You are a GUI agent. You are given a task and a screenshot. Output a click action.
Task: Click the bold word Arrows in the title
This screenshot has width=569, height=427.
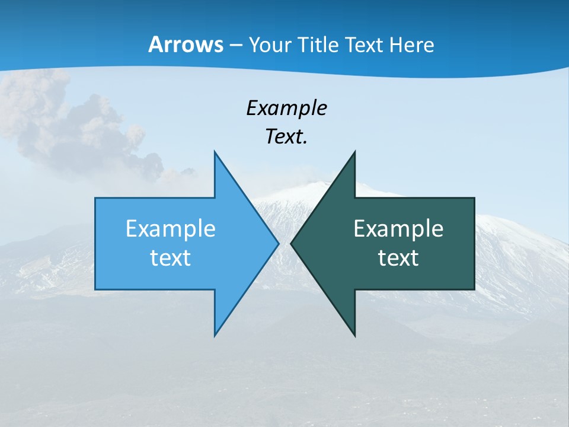coord(185,44)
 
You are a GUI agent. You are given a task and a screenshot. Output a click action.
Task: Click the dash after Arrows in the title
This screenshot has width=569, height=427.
coord(235,46)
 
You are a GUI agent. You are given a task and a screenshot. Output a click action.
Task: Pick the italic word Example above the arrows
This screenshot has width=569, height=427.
coord(286,108)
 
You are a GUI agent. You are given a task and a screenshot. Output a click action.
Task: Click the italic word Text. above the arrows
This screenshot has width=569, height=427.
coord(286,136)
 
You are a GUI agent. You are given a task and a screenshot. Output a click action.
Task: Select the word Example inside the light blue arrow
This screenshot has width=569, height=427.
coord(170,228)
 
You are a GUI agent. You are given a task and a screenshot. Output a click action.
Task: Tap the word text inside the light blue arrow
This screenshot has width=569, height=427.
coord(170,257)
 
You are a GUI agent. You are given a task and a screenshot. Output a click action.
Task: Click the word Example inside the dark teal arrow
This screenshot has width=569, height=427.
coord(398,228)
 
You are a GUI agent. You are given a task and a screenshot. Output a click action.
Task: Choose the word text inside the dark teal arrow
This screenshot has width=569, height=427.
coord(398,257)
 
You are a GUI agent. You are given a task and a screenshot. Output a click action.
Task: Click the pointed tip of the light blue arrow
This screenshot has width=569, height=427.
coord(278,243)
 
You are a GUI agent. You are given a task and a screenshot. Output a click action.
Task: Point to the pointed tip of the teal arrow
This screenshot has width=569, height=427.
coord(292,243)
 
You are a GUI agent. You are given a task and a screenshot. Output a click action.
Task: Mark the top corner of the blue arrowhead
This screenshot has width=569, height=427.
coord(215,152)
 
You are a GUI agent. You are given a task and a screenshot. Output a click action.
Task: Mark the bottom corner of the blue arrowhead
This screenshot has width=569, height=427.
coord(215,335)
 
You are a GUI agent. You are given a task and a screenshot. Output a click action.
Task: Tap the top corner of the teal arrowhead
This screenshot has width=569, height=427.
coord(354,152)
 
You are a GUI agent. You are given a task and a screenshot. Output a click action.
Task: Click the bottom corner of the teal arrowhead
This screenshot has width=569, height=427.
coord(354,335)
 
